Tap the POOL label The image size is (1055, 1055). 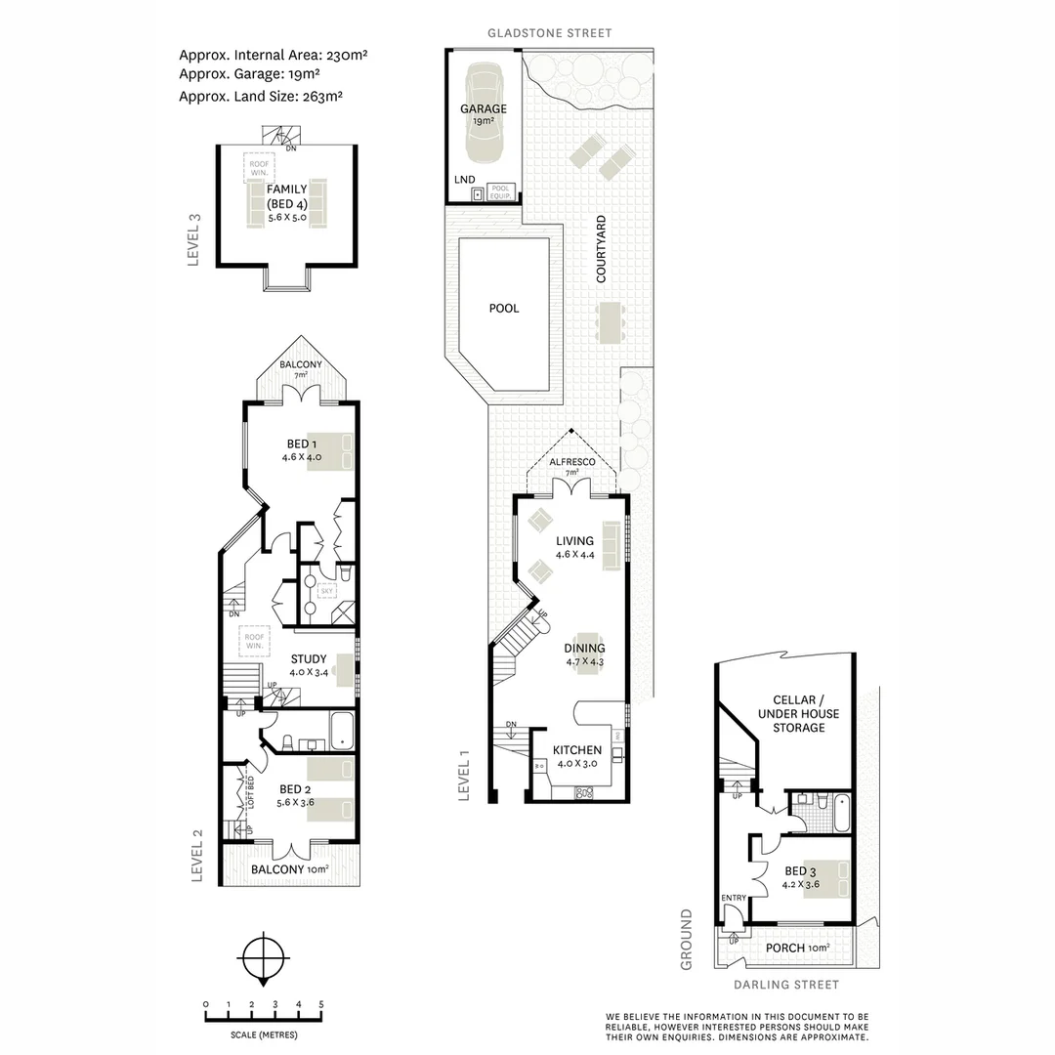click(504, 308)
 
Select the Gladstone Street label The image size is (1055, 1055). click(551, 33)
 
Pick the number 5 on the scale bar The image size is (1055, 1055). click(320, 1005)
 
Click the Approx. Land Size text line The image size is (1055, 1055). click(260, 96)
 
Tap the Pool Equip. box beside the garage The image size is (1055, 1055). click(499, 191)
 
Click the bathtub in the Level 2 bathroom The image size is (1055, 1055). click(341, 732)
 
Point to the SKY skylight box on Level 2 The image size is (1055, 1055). click(327, 591)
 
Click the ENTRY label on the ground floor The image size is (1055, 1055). click(734, 899)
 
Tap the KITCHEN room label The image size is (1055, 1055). click(576, 749)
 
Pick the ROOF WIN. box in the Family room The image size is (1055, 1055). click(258, 167)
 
